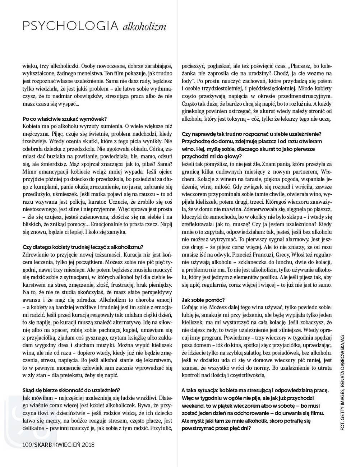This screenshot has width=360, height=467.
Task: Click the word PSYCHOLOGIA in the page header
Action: (x=70, y=26)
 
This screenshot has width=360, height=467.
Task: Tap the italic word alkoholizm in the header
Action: (x=144, y=27)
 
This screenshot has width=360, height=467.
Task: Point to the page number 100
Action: (x=27, y=445)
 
